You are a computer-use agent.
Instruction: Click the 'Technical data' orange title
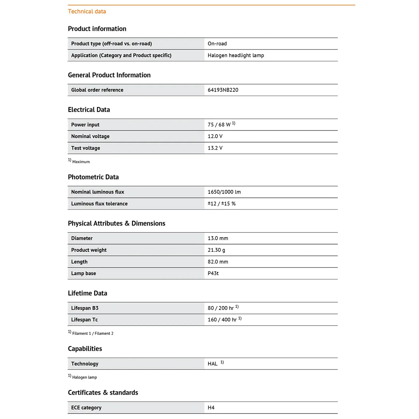pyautogui.click(x=87, y=11)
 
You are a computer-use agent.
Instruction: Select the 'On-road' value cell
pyautogui.click(x=217, y=44)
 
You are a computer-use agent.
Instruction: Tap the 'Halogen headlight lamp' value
pyautogui.click(x=236, y=55)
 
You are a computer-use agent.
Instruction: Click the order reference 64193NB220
pyautogui.click(x=223, y=90)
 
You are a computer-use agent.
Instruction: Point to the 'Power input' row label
pyautogui.click(x=85, y=125)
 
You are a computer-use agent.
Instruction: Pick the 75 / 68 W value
pyautogui.click(x=219, y=125)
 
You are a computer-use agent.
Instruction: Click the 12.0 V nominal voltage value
pyautogui.click(x=215, y=136)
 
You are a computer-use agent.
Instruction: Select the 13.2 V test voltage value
pyautogui.click(x=215, y=148)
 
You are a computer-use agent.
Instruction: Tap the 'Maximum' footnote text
pyautogui.click(x=81, y=162)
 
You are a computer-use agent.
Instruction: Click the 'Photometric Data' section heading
pyautogui.click(x=93, y=177)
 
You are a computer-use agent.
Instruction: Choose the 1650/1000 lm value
pyautogui.click(x=224, y=192)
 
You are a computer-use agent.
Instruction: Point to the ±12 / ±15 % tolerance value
pyautogui.click(x=222, y=204)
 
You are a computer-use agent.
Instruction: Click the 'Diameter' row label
pyautogui.click(x=82, y=238)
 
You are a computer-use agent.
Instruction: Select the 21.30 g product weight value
pyautogui.click(x=216, y=250)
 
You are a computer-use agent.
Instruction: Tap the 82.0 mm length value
pyautogui.click(x=218, y=262)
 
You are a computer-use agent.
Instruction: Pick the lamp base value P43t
pyautogui.click(x=213, y=273)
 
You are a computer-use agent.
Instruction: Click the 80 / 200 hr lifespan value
pyautogui.click(x=221, y=308)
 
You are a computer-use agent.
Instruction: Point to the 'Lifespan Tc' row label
pyautogui.click(x=85, y=320)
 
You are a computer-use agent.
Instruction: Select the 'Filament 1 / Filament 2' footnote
pyautogui.click(x=93, y=333)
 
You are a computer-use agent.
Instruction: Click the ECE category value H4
pyautogui.click(x=211, y=408)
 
